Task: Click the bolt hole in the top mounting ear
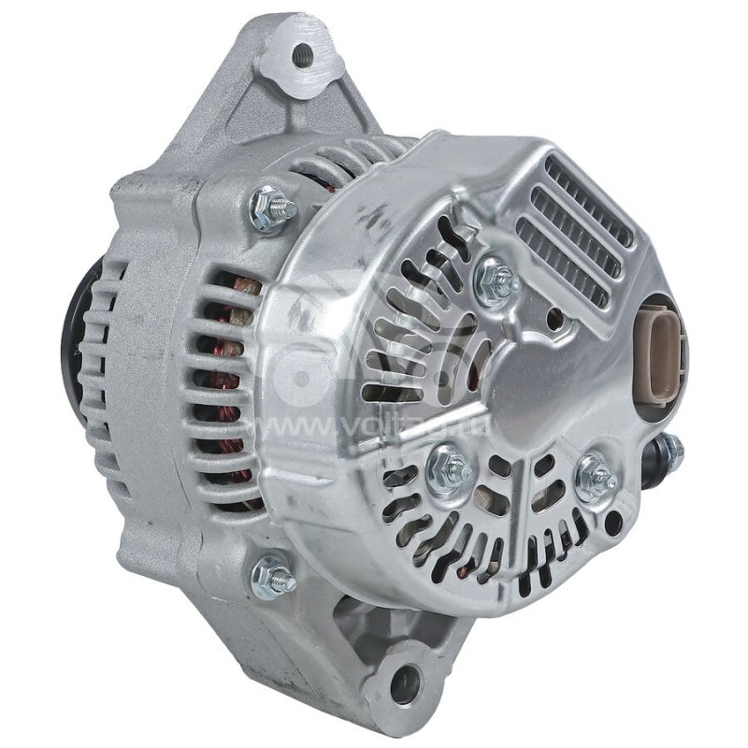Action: (x=301, y=55)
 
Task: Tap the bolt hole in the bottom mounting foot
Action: (x=404, y=685)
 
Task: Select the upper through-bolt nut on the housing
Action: (x=272, y=208)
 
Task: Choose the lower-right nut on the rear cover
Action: (x=594, y=480)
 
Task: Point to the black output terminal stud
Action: (x=669, y=452)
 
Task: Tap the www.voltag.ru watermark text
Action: (x=374, y=425)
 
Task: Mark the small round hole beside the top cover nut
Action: (x=555, y=320)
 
